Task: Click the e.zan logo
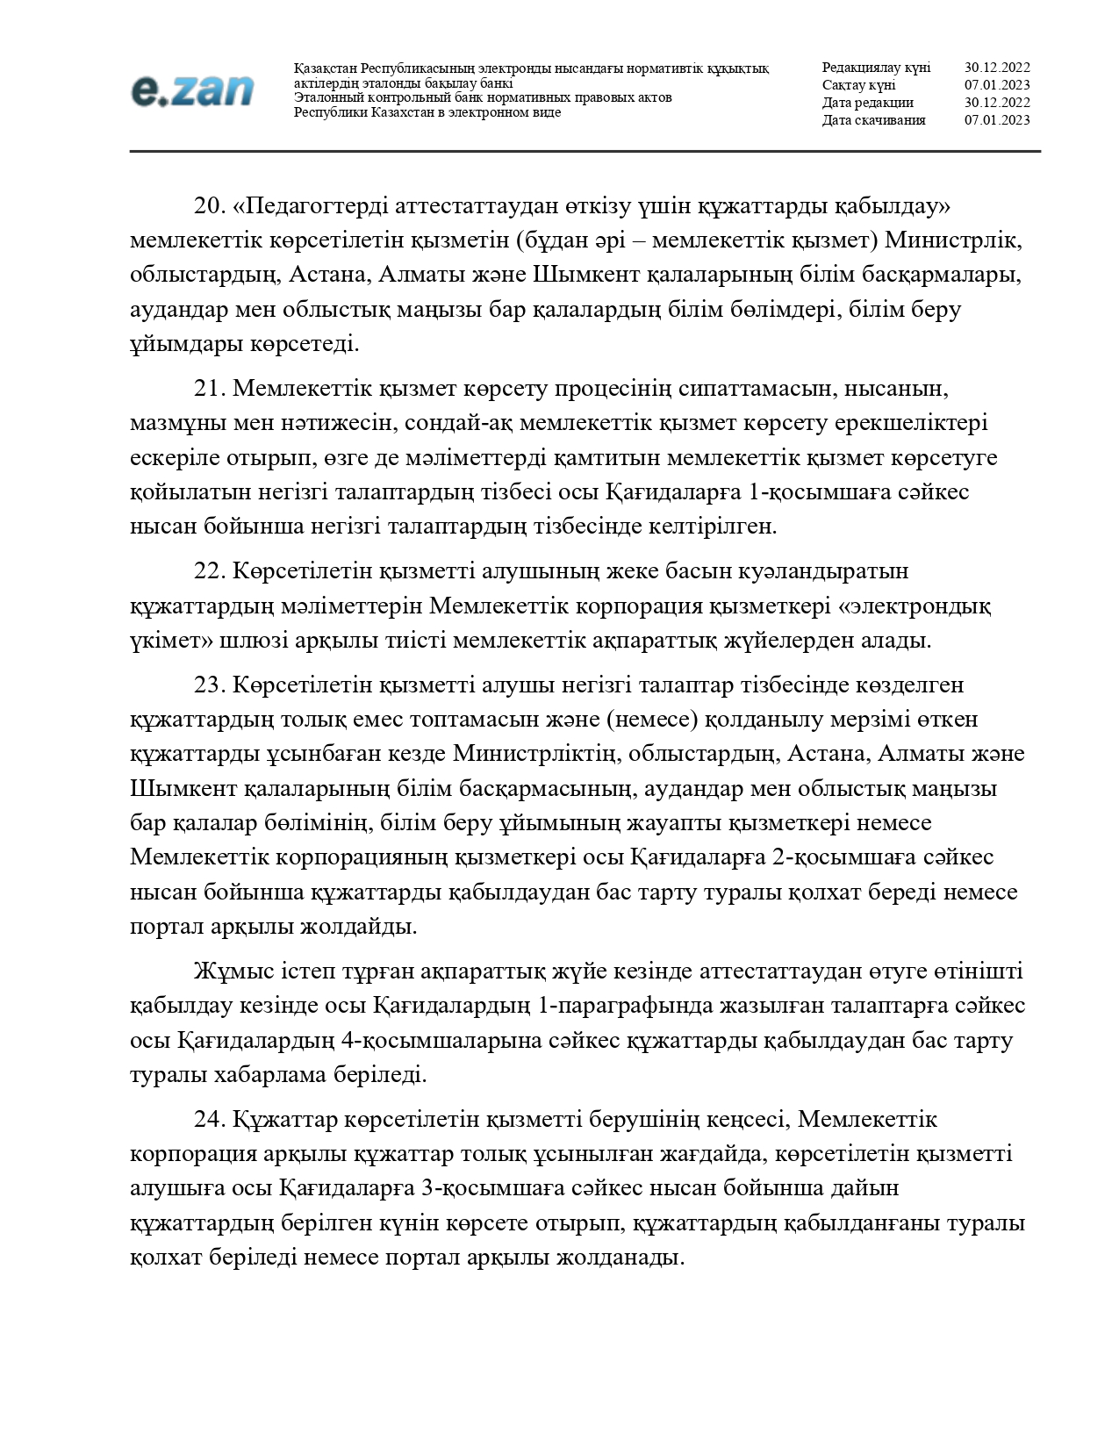(x=192, y=90)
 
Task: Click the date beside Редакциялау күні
(x=997, y=68)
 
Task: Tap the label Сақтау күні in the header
(x=858, y=85)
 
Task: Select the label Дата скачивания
(x=873, y=120)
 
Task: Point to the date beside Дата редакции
(x=997, y=103)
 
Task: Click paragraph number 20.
(x=210, y=206)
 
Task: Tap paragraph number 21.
(x=210, y=388)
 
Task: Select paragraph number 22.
(x=210, y=571)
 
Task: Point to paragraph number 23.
(x=210, y=685)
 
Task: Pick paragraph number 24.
(x=210, y=1120)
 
